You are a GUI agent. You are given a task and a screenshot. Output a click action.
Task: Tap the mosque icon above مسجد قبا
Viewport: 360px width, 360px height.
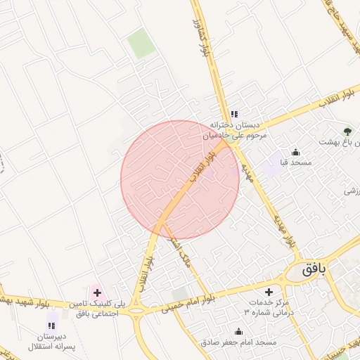pyautogui.click(x=295, y=153)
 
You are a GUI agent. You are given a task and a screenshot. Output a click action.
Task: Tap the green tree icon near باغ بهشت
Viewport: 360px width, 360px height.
pyautogui.click(x=347, y=130)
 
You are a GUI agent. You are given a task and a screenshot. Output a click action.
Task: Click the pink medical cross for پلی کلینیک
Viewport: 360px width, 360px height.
pyautogui.click(x=97, y=292)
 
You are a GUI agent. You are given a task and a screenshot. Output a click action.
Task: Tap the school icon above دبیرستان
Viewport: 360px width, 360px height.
pyautogui.click(x=51, y=325)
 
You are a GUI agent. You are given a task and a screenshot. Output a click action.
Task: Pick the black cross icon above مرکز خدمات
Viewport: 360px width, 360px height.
pyautogui.click(x=268, y=291)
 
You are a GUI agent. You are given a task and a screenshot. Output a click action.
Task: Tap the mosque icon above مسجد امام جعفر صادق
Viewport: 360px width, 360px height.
pyautogui.click(x=238, y=332)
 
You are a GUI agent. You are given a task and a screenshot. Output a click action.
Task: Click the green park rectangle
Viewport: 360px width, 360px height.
pyautogui.click(x=141, y=44)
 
